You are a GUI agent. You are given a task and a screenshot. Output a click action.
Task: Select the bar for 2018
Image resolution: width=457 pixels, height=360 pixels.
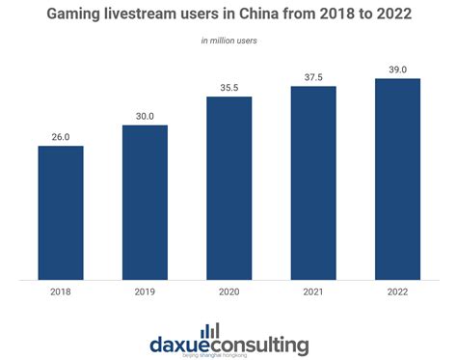point(61,212)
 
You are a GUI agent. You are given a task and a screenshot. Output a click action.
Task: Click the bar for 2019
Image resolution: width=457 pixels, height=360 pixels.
point(145,202)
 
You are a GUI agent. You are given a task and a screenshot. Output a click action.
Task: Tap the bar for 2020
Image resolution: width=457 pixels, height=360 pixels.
point(228,187)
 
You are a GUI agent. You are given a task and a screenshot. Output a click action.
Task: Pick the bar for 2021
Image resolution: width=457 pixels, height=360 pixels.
point(312,182)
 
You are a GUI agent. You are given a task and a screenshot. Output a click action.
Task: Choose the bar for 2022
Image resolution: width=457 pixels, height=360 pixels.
point(396,179)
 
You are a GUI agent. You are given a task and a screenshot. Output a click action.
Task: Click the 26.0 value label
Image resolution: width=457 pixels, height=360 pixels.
point(61,136)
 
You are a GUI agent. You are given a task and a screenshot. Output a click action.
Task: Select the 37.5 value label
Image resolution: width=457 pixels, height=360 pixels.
point(312,75)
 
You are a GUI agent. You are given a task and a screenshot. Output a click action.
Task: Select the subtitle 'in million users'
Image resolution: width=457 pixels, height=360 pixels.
point(228,41)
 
